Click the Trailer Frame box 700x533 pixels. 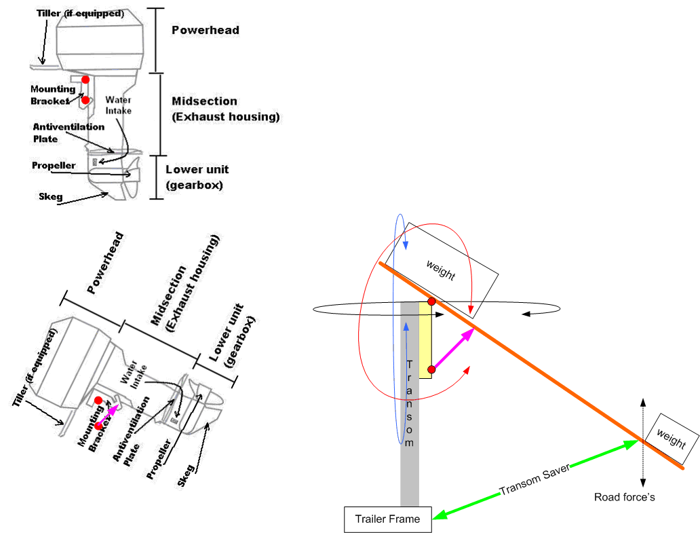387,519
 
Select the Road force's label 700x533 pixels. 624,498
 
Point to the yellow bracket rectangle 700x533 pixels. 425,336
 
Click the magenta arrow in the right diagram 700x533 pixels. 452,349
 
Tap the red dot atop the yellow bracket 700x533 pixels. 431,301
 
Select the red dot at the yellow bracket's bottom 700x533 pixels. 431,370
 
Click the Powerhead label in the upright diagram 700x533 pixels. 205,31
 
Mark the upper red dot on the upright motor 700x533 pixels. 85,80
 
